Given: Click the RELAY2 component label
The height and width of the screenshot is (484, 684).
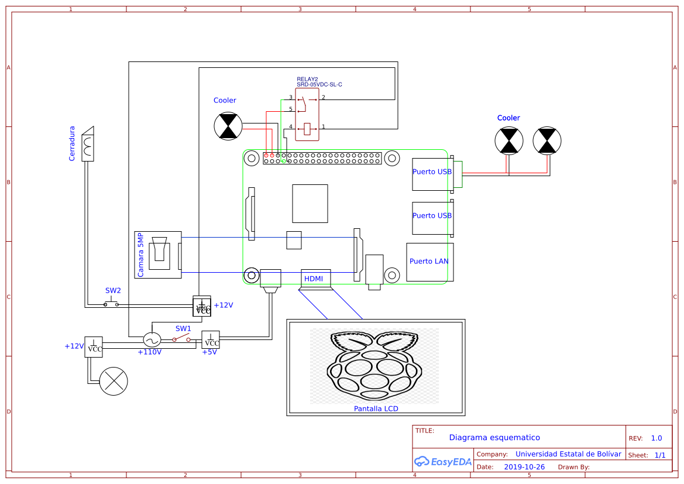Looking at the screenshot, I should point(307,79).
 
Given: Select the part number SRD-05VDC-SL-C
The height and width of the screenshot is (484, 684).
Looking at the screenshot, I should point(319,85).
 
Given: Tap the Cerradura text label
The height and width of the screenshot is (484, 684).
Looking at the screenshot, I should point(72,143).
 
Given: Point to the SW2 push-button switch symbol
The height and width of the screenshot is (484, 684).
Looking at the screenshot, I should point(111,303).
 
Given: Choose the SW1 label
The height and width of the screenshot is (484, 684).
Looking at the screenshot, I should point(183,328).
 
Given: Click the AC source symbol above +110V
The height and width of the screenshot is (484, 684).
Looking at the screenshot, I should point(152,339).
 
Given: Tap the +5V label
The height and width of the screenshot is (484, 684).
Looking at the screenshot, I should point(209,352).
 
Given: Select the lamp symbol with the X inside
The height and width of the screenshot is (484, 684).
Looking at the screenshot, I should point(114,382).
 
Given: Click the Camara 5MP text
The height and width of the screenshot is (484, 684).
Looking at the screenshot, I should point(140,255).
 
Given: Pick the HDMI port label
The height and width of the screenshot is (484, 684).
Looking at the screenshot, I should point(314,279).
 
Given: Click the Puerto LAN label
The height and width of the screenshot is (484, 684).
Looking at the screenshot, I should point(429,261).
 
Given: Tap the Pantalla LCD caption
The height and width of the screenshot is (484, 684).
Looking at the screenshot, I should point(376,409).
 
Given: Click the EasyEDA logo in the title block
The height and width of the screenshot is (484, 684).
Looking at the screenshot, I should point(442,461).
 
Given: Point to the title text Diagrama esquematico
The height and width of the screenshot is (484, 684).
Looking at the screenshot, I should point(494,437).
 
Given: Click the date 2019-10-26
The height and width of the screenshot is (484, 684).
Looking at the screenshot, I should point(524,467).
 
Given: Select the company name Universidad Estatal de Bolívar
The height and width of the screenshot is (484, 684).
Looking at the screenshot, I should point(568,454).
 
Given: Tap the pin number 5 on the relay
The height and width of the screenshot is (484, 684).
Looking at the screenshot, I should point(290,109).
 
